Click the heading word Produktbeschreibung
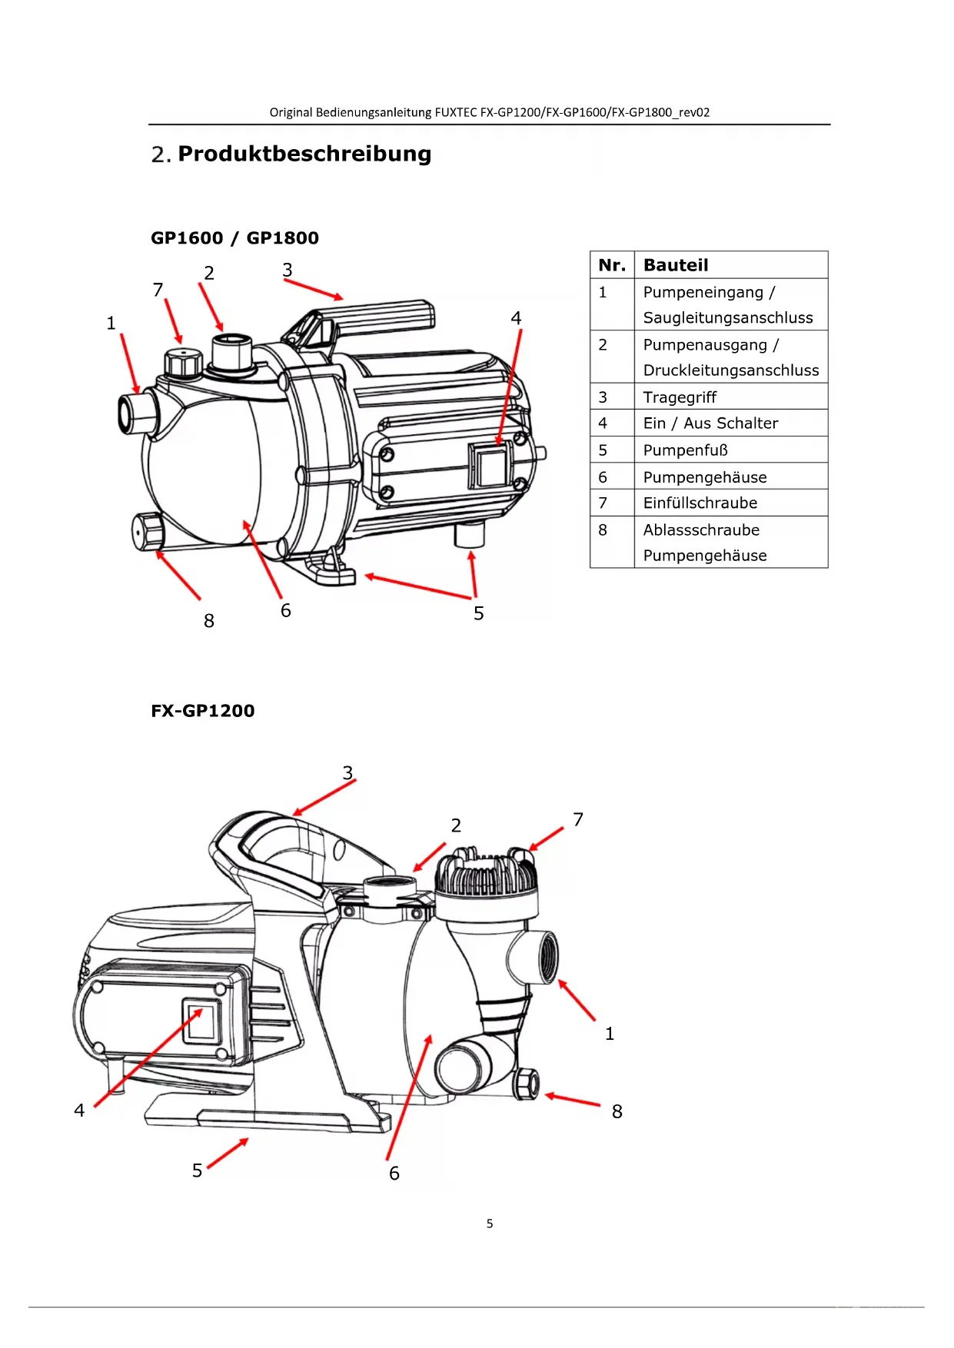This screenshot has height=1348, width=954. (x=304, y=154)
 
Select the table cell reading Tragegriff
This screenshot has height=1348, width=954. (x=680, y=397)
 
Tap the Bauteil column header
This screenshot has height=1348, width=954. (x=676, y=265)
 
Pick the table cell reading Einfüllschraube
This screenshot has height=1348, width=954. (x=700, y=503)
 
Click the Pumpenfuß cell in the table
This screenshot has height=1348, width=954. (x=686, y=450)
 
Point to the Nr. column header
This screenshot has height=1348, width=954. (x=612, y=265)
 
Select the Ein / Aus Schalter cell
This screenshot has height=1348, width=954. (x=710, y=423)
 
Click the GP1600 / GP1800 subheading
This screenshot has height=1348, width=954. (x=234, y=238)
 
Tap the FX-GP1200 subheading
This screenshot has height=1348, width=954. (x=203, y=711)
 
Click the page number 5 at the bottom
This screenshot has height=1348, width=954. (x=490, y=1223)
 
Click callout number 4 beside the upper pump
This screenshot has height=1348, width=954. (x=516, y=318)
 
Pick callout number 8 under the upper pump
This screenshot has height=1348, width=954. (x=209, y=621)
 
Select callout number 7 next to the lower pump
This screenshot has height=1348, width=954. (x=578, y=820)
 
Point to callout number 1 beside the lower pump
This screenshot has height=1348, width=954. (x=610, y=1034)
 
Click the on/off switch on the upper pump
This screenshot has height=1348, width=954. (x=490, y=465)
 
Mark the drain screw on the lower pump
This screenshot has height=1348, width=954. (x=527, y=1084)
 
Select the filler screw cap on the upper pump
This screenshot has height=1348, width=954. (x=183, y=362)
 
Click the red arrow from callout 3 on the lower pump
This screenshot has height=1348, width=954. (x=324, y=798)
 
